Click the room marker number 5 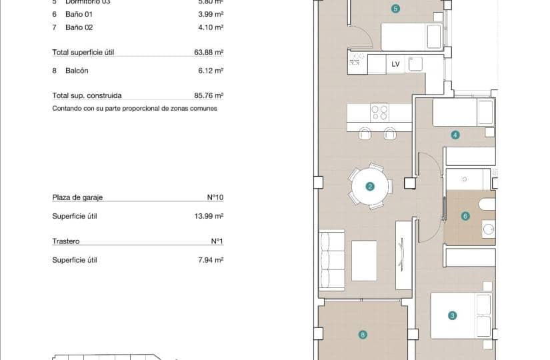(395, 9)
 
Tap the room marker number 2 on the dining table (369, 187)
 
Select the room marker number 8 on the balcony (363, 335)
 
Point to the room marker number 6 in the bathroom (465, 215)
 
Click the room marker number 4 (455, 135)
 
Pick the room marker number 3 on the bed (452, 316)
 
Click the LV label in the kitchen (395, 64)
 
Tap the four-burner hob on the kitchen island (379, 112)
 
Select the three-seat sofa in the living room (331, 259)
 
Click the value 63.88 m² (209, 52)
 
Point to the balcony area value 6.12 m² (211, 71)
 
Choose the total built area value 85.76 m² (209, 95)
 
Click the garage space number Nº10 (215, 197)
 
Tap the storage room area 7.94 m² (211, 260)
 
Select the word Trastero (66, 241)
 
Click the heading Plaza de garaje (77, 197)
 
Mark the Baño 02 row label (79, 27)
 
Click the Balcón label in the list (77, 71)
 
